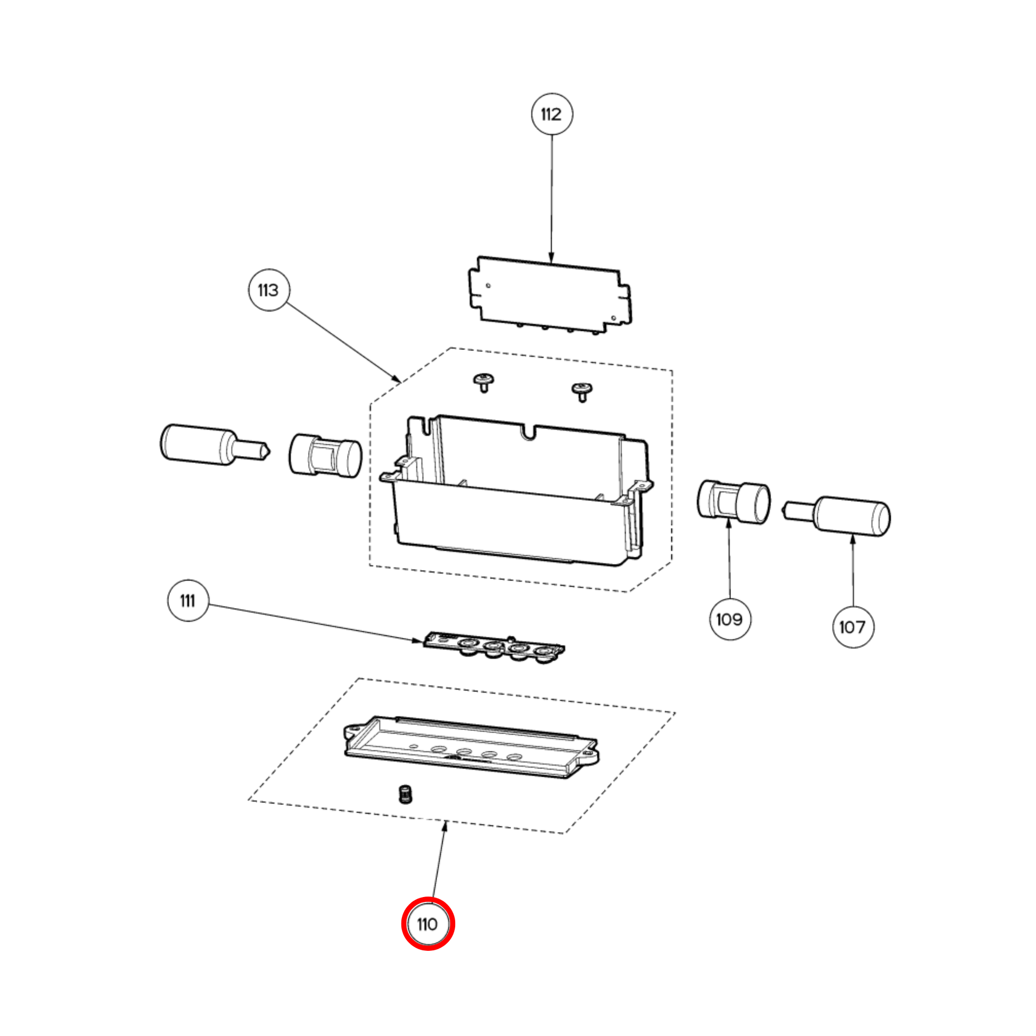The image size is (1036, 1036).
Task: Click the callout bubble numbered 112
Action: (552, 114)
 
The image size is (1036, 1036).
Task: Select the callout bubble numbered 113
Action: (269, 290)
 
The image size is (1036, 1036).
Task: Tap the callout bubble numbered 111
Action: (188, 601)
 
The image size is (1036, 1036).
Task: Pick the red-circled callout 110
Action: (428, 924)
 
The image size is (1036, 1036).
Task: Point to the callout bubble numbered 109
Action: (730, 619)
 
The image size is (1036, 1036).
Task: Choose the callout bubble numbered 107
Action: (853, 626)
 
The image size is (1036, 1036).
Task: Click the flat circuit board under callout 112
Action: (550, 294)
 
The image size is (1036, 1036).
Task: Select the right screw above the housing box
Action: (582, 392)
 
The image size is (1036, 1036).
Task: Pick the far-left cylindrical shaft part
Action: (215, 445)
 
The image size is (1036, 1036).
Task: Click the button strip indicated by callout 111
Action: (494, 648)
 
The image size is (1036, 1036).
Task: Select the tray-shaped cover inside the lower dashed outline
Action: (471, 747)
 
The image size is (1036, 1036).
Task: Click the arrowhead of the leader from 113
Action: (397, 379)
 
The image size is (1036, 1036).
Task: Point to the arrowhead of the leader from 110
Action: (445, 826)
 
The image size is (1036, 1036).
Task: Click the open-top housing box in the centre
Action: (516, 490)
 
